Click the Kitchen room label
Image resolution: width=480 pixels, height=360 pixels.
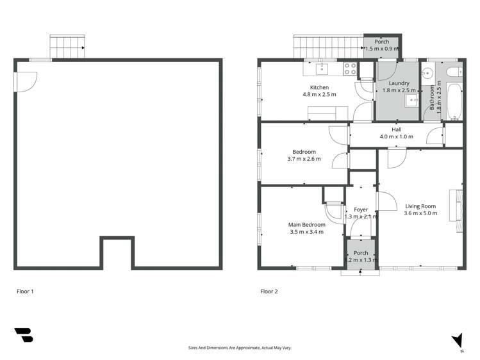(x=319, y=87)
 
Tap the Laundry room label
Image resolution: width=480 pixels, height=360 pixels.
(x=395, y=83)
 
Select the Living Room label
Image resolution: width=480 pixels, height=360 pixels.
(x=420, y=206)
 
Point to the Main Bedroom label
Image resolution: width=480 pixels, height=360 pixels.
(x=306, y=225)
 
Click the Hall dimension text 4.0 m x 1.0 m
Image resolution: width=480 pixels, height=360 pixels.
(x=396, y=136)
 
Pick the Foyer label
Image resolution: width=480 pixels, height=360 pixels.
(x=361, y=209)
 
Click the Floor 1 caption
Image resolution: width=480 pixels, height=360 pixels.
(x=25, y=291)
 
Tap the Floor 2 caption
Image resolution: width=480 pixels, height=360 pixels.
(x=269, y=291)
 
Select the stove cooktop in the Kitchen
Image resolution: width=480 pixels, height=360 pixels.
(x=350, y=68)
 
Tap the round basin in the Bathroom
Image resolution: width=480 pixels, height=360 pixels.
(x=429, y=73)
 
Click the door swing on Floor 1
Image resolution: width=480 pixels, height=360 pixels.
(x=27, y=80)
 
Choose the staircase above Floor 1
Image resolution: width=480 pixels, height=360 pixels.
(x=68, y=47)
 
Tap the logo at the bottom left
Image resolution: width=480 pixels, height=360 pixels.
(x=23, y=335)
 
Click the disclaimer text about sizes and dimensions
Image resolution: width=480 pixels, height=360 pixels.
(x=240, y=348)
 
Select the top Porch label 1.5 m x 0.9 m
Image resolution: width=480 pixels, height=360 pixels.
(x=382, y=45)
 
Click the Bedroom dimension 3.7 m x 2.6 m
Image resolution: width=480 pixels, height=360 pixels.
(x=301, y=159)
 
